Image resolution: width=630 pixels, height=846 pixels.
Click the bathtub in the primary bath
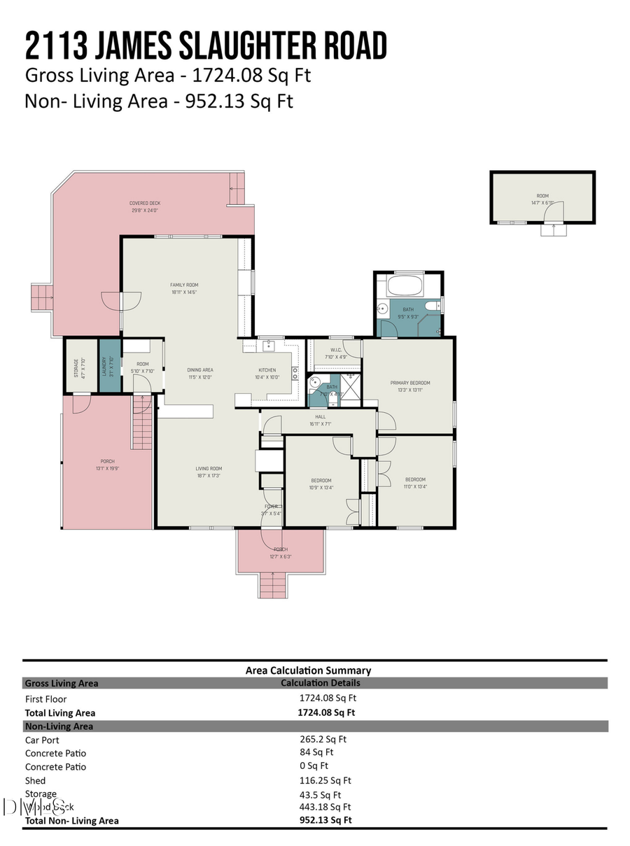pos(404,285)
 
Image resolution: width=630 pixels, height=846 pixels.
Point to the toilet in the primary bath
pos(433,306)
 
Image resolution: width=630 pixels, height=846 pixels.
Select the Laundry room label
pos(104,368)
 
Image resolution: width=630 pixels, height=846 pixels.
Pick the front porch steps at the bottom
pos(274,584)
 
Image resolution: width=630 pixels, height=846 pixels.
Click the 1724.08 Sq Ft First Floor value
pos(328,698)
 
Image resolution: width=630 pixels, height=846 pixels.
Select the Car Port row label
pos(42,740)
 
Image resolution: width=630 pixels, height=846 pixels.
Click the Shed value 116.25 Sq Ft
pos(325,780)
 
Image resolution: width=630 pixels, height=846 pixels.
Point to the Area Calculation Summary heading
pos(308,670)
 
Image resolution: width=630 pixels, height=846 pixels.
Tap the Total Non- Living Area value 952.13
pos(325,820)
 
